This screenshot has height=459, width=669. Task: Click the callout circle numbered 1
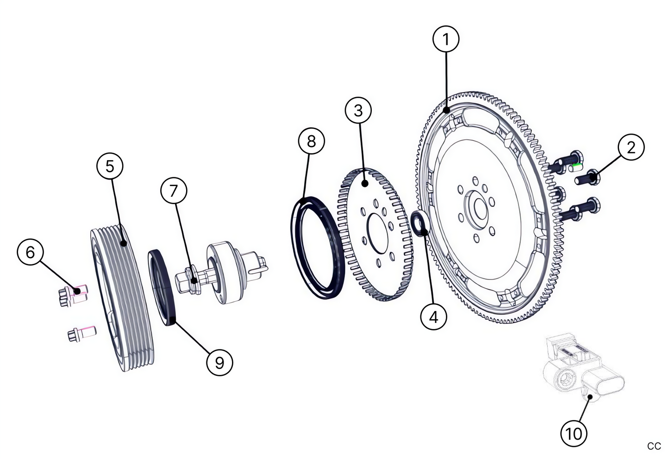pyautogui.click(x=446, y=39)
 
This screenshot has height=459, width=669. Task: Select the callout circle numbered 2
pyautogui.click(x=631, y=147)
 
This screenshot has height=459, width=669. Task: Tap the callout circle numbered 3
pyautogui.click(x=358, y=110)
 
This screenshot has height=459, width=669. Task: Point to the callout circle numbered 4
pyautogui.click(x=433, y=317)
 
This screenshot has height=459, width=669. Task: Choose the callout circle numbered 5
pyautogui.click(x=110, y=166)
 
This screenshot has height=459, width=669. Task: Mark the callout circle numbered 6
pyautogui.click(x=31, y=252)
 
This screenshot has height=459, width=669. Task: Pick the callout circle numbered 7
pyautogui.click(x=174, y=191)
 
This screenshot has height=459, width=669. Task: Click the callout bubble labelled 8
pyautogui.click(x=311, y=141)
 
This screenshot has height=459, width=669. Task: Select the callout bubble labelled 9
pyautogui.click(x=219, y=362)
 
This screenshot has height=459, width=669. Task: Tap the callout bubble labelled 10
pyautogui.click(x=574, y=434)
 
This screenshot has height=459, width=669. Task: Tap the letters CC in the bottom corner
pyautogui.click(x=654, y=446)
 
